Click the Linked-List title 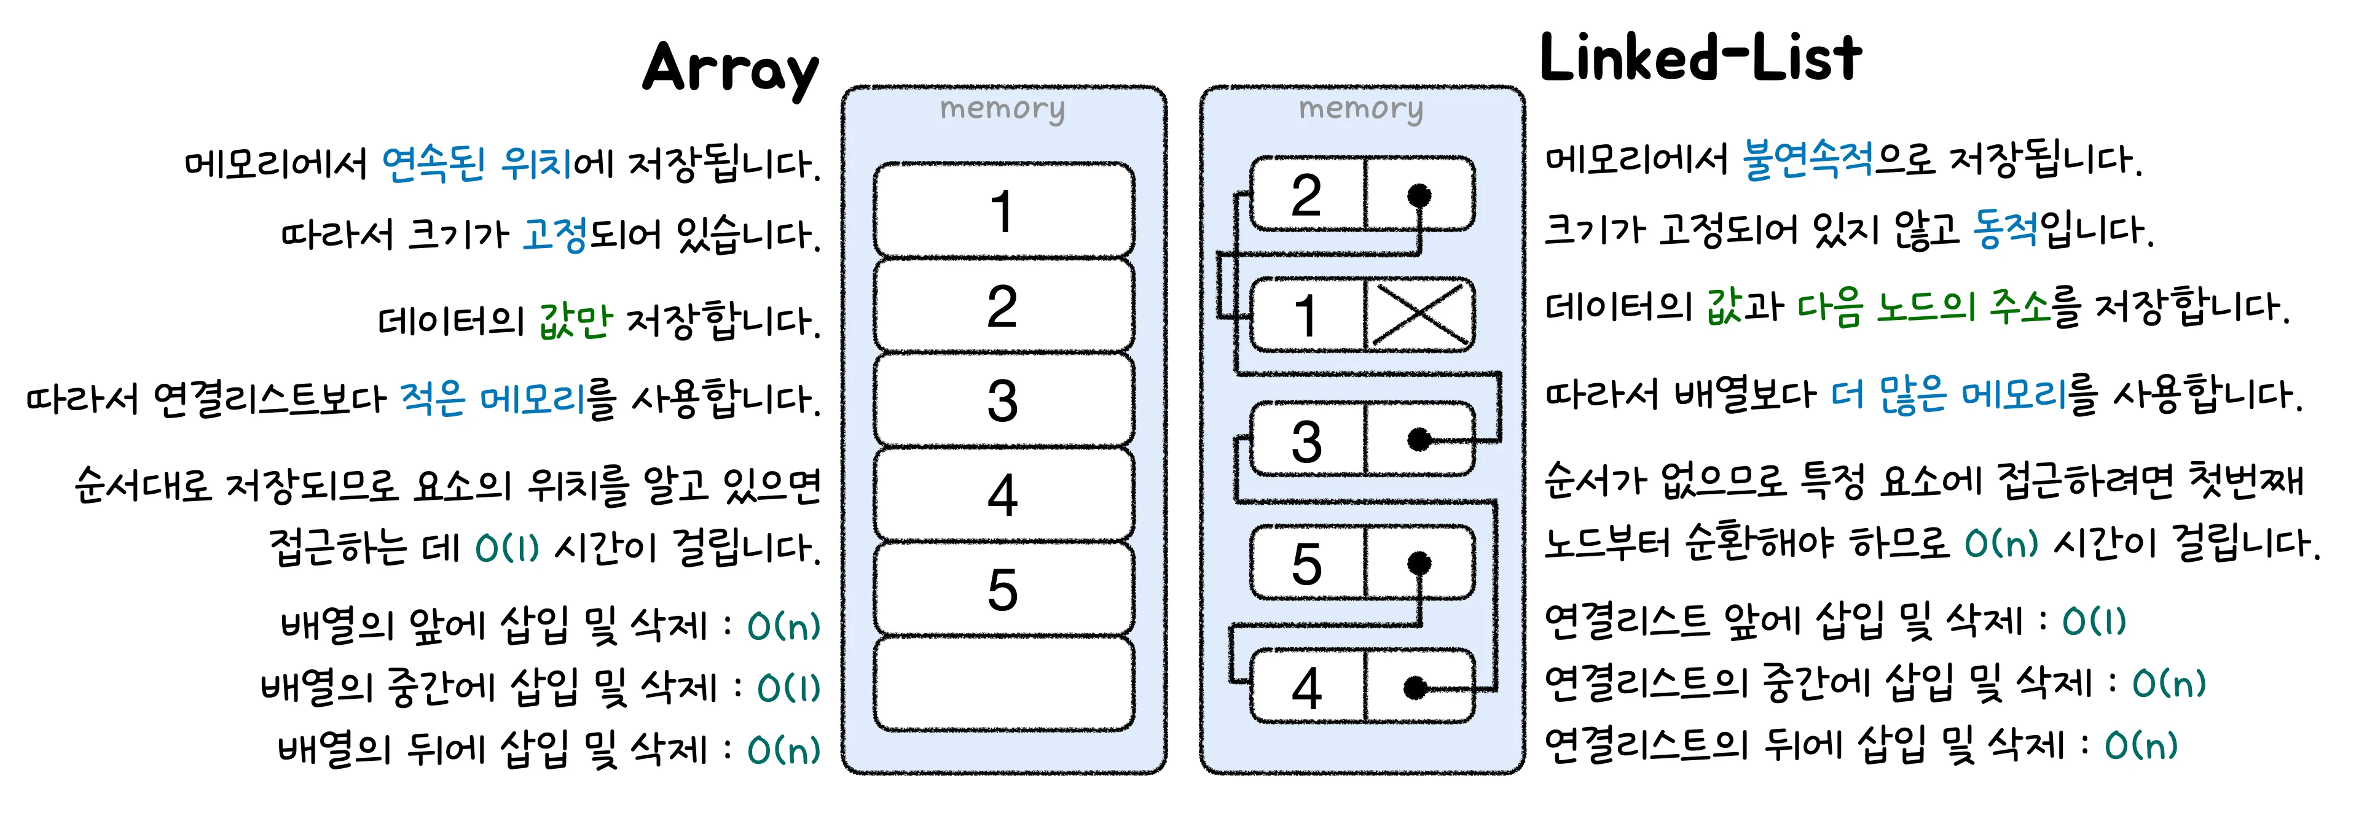coord(1700,58)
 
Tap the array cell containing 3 coord(1002,400)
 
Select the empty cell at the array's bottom coord(1002,685)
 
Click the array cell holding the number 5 coord(1002,589)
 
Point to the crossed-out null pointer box coord(1419,315)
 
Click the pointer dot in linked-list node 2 coord(1419,195)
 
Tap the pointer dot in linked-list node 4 coord(1416,687)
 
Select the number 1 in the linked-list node coord(1306,315)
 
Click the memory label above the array coord(1002,109)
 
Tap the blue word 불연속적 coord(1807,160)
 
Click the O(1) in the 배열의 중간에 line coord(788,688)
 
